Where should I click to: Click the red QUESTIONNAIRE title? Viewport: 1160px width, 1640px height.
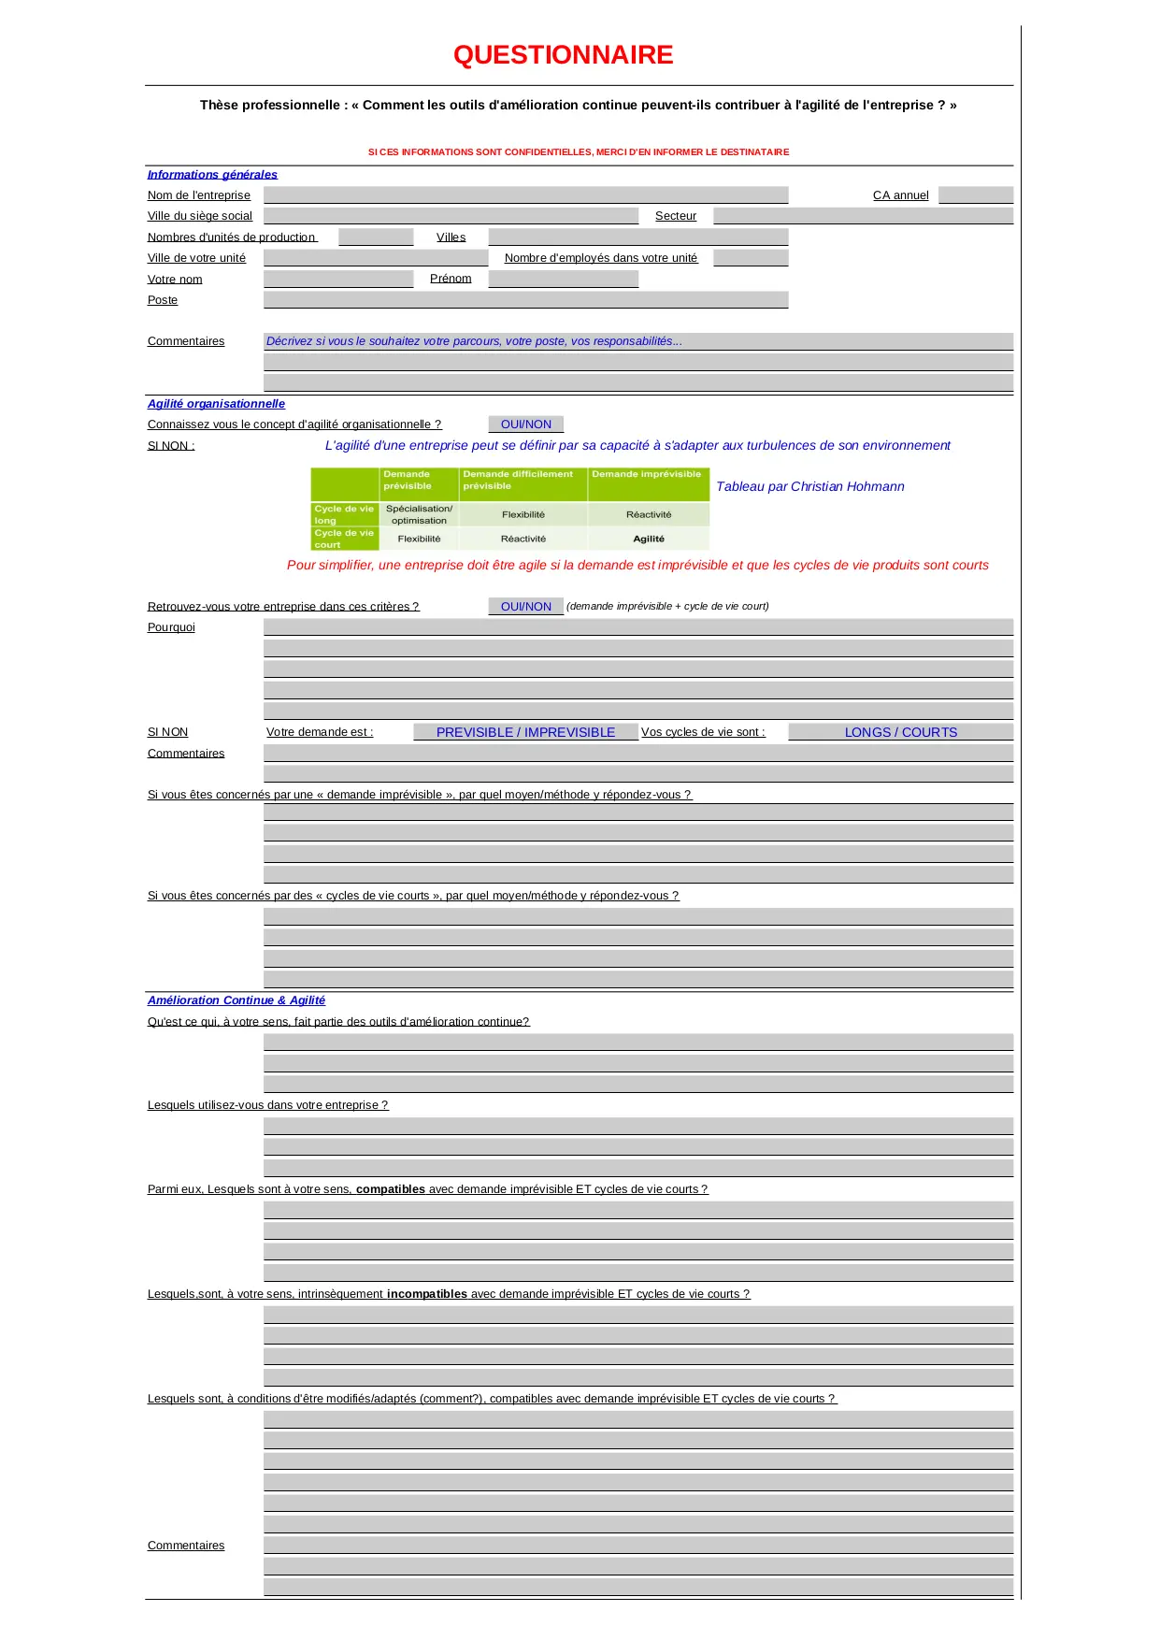click(563, 55)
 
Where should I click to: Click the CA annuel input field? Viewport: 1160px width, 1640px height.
click(975, 194)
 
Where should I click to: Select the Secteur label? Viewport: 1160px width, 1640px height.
click(675, 216)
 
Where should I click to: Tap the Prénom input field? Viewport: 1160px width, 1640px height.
click(563, 279)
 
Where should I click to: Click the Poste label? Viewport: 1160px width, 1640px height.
click(163, 300)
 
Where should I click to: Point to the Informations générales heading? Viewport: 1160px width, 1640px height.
click(212, 175)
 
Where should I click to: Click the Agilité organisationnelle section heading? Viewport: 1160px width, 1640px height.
click(216, 404)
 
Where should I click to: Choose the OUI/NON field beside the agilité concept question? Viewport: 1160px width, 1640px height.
click(525, 424)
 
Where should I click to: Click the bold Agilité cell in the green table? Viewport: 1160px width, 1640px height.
click(649, 539)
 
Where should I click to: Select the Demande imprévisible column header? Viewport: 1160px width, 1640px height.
click(647, 475)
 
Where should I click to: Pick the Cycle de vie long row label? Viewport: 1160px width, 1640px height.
click(344, 514)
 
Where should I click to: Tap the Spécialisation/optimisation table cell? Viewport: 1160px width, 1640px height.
click(419, 514)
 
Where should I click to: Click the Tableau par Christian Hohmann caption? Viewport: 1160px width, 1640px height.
click(809, 486)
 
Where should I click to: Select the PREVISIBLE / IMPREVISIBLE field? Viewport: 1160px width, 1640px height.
click(525, 732)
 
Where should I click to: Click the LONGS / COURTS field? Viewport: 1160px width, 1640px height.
click(900, 732)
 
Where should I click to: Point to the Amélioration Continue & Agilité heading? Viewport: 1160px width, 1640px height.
click(236, 1000)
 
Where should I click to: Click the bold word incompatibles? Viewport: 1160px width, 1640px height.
click(426, 1294)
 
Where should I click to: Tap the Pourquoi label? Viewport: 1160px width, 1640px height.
click(171, 627)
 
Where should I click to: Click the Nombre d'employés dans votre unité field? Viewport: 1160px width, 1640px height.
click(750, 258)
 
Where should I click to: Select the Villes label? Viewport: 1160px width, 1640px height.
click(451, 237)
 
